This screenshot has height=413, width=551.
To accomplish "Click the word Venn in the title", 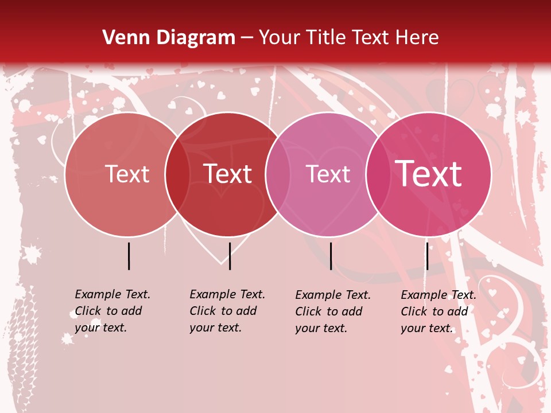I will [x=122, y=38].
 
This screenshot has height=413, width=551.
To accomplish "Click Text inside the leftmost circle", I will [x=127, y=174].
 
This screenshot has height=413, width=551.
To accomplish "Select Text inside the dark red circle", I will [x=228, y=174].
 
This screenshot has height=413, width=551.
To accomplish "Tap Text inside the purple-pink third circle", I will [x=328, y=174].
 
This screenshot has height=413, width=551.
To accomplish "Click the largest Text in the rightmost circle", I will [x=429, y=173].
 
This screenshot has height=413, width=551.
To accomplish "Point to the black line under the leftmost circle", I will [x=129, y=256].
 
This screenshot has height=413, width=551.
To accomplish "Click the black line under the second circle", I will [x=230, y=256].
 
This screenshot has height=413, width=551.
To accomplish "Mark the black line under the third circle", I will [x=331, y=256].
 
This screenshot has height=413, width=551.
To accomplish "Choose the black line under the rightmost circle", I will [x=427, y=256].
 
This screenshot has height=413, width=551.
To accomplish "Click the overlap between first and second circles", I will [x=177, y=174].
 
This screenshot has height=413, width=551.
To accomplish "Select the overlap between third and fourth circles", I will [x=378, y=174].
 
